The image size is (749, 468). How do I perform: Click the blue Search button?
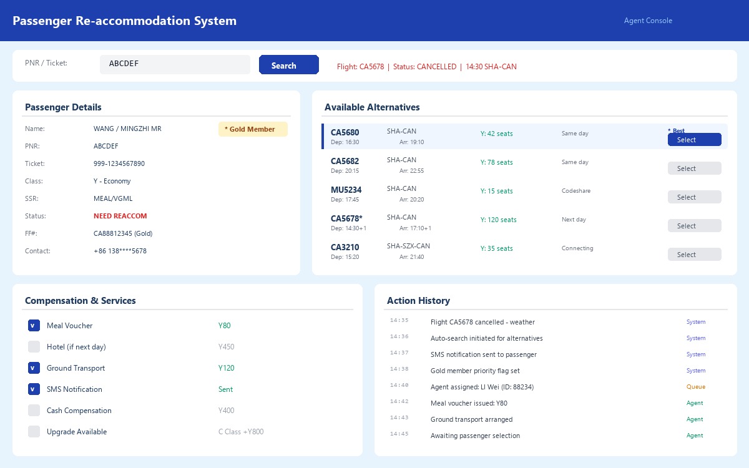(288, 65)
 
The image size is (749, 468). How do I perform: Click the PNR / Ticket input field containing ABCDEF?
(175, 64)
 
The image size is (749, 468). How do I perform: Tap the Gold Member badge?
(252, 129)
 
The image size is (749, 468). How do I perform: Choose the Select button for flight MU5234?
(694, 197)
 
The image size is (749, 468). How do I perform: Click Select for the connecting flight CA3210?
(694, 255)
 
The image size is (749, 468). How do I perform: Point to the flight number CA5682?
(345, 161)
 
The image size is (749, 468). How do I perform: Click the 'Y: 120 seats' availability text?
(498, 220)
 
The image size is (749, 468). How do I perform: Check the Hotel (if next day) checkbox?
(34, 347)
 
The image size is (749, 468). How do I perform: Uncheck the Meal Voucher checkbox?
(34, 326)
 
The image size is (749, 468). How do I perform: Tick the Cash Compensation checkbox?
(34, 411)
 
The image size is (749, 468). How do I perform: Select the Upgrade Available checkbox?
(34, 432)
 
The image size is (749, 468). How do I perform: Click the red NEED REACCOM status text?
(120, 216)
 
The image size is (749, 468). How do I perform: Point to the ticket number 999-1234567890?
(119, 163)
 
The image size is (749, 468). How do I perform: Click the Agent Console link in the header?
(648, 21)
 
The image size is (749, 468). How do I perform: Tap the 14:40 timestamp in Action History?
(399, 386)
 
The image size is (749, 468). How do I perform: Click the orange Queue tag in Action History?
(695, 387)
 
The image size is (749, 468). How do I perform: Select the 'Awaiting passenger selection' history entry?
(474, 436)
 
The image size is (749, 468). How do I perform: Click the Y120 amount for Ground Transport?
(226, 368)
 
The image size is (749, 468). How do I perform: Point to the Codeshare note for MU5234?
(575, 191)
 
